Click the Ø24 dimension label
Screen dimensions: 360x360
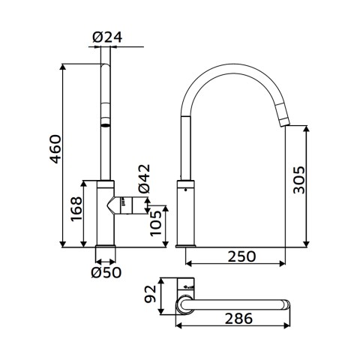[107, 37]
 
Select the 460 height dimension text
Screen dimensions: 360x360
[55, 149]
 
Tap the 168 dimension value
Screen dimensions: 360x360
[76, 209]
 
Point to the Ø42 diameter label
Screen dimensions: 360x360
[145, 178]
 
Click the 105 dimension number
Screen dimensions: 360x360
[156, 223]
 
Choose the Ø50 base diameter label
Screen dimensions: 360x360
[106, 272]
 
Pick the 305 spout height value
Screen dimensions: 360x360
[299, 180]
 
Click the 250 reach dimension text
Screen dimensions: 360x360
[241, 256]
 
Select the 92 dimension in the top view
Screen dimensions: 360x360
[151, 294]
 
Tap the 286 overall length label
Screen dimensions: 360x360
[238, 319]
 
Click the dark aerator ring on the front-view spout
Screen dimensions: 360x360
[106, 125]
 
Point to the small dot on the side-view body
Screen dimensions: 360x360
[185, 190]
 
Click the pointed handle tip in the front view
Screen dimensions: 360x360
[107, 206]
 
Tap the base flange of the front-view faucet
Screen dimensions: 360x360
[106, 246]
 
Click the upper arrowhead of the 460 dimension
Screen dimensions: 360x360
[63, 67]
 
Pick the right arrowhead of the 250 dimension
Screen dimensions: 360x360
[282, 263]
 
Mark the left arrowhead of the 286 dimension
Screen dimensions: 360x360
[178, 325]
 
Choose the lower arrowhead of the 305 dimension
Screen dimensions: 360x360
[307, 244]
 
